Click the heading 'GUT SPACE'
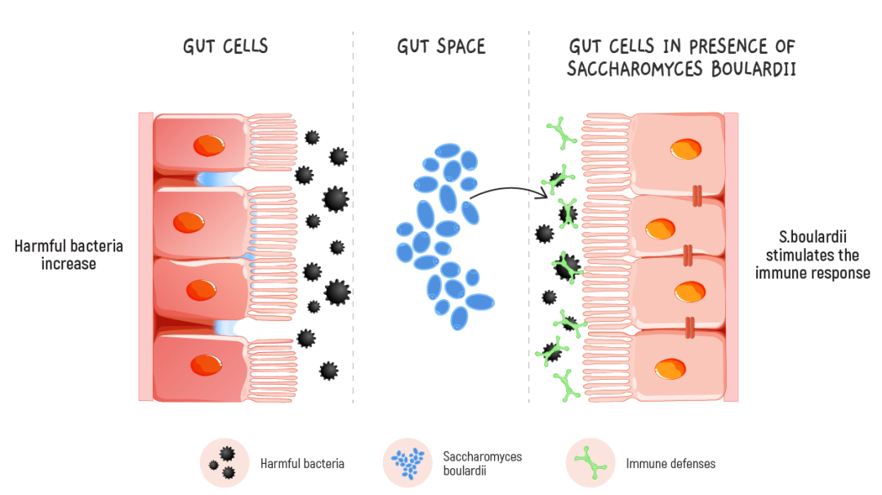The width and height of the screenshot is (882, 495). pos(441,47)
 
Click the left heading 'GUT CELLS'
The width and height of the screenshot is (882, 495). pos(225,47)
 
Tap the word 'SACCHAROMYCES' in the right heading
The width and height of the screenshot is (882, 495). pos(630,69)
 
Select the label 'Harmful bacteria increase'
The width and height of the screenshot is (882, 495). pos(69,254)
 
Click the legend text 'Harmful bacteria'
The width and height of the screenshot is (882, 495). pos(302,464)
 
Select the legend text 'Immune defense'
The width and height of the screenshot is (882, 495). pos(670,464)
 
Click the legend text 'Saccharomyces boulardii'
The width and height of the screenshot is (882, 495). pos(482,463)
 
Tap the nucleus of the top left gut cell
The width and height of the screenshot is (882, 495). pos(207,146)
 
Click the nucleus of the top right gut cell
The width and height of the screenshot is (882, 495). pos(685,150)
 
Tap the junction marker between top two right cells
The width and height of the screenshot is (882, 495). pos(697,195)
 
